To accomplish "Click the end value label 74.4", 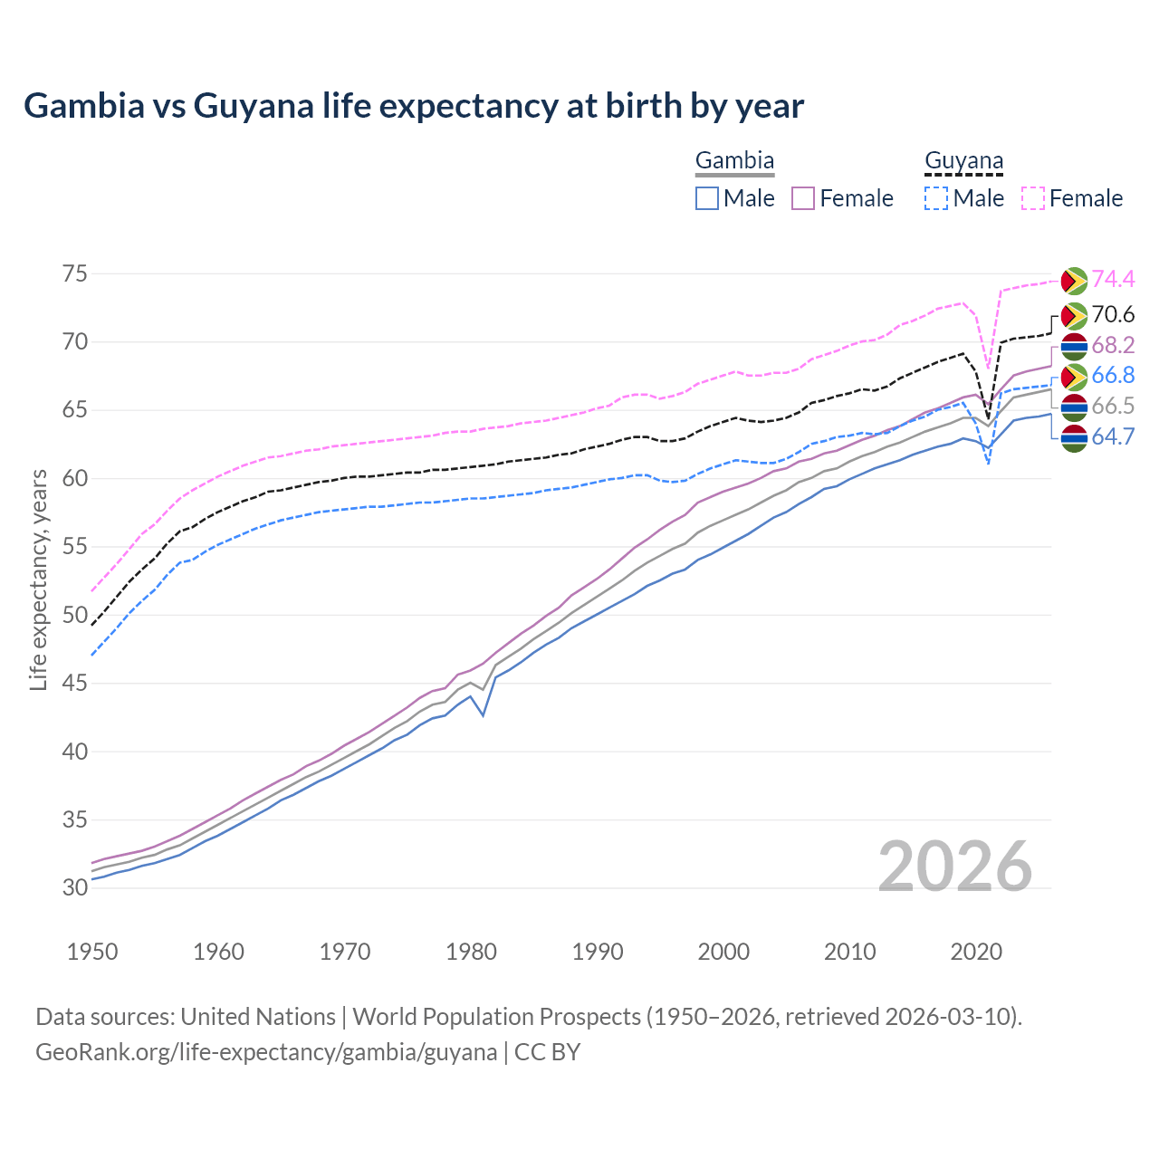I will [x=1113, y=280].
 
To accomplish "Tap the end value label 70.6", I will [x=1113, y=314].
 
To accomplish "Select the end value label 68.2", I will [x=1113, y=345].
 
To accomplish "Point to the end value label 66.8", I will [x=1113, y=375].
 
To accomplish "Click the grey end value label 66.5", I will [x=1113, y=406].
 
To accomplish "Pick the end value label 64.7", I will [x=1113, y=436].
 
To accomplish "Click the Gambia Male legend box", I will [x=707, y=198].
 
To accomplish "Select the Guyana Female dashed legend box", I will [x=1033, y=198].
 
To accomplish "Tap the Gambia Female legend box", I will [x=803, y=198].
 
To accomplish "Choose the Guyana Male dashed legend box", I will [x=936, y=198].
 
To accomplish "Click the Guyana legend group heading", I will [x=963, y=161].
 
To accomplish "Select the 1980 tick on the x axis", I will [x=471, y=952].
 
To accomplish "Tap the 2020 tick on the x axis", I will [x=976, y=952].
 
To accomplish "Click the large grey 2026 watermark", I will [x=954, y=867].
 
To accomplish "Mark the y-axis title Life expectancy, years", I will [x=39, y=579].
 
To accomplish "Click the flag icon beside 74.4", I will [x=1073, y=281].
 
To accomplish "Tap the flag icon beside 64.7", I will [x=1073, y=438].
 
